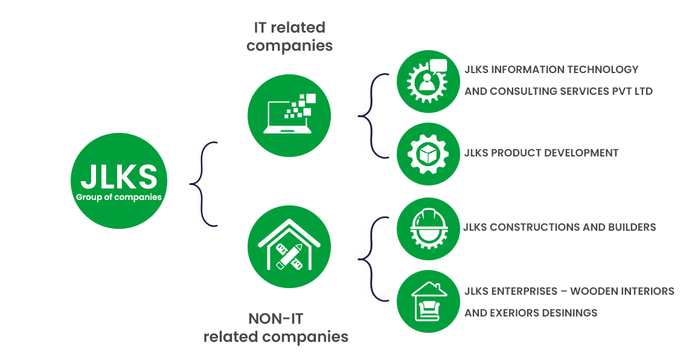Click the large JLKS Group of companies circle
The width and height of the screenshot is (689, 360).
click(x=119, y=181)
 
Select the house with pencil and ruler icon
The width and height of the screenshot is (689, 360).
click(x=289, y=247)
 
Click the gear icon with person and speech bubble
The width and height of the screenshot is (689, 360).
click(x=428, y=81)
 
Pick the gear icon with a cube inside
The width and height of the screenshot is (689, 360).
click(x=428, y=153)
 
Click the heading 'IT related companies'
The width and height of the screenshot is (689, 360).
click(x=289, y=36)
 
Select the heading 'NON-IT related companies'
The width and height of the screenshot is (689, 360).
click(x=276, y=327)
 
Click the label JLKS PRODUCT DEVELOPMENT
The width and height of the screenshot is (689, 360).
click(x=541, y=153)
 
